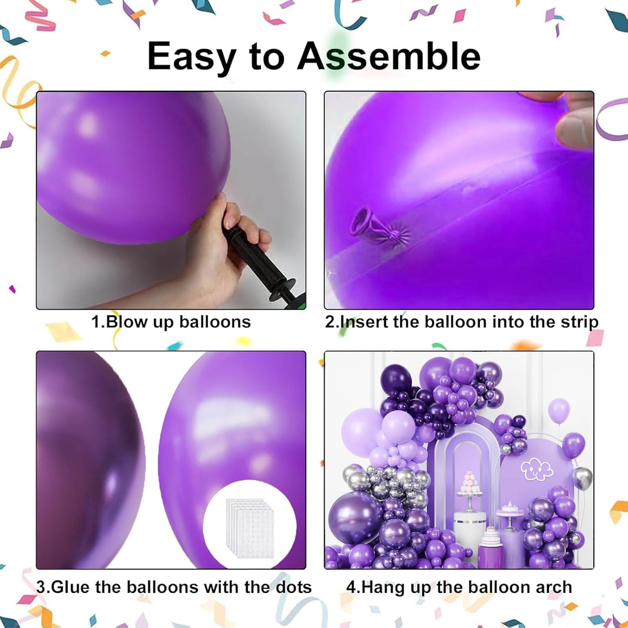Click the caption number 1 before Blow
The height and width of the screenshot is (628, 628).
[x=96, y=322]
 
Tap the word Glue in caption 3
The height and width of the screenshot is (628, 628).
[x=71, y=587]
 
